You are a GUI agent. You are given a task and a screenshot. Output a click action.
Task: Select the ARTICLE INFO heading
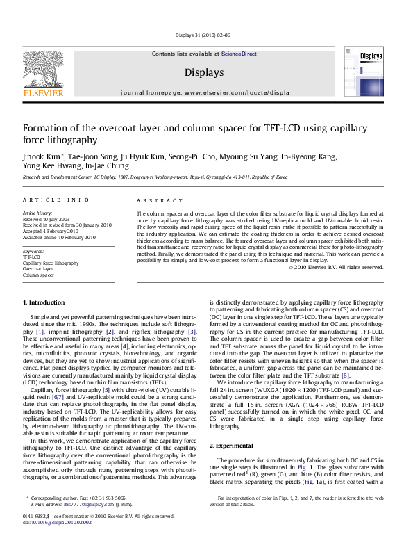pos(51,201)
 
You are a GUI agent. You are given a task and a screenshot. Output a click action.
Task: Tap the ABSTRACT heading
pos(157,201)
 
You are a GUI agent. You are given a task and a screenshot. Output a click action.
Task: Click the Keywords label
pos(33,250)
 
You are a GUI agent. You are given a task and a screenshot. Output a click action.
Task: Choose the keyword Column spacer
pos(38,275)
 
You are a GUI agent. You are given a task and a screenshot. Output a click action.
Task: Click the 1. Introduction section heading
pos(44,303)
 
